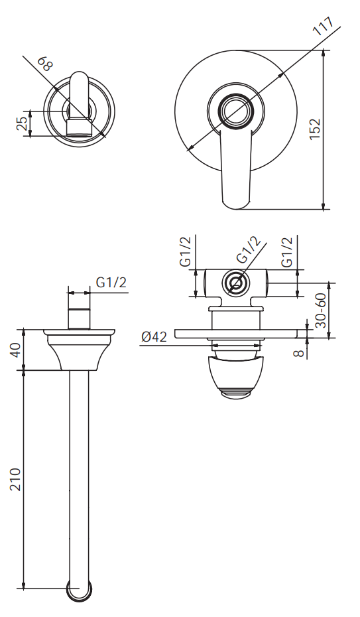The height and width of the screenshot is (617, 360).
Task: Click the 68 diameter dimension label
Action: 45,64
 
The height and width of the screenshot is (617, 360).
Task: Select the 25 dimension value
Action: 23,123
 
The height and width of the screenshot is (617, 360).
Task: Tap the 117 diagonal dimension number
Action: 324,28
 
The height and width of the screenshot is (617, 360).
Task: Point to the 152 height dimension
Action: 316,129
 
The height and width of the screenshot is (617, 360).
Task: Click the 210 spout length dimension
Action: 15,479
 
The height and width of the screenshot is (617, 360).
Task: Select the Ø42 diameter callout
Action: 153,337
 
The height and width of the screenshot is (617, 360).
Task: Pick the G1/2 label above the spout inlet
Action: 111,282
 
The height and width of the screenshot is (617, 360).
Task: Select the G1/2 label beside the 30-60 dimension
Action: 287,252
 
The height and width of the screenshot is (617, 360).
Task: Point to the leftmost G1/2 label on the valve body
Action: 186,252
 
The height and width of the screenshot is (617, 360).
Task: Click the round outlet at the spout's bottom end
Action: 80,589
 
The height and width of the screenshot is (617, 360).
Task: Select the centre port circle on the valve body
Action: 235,283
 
